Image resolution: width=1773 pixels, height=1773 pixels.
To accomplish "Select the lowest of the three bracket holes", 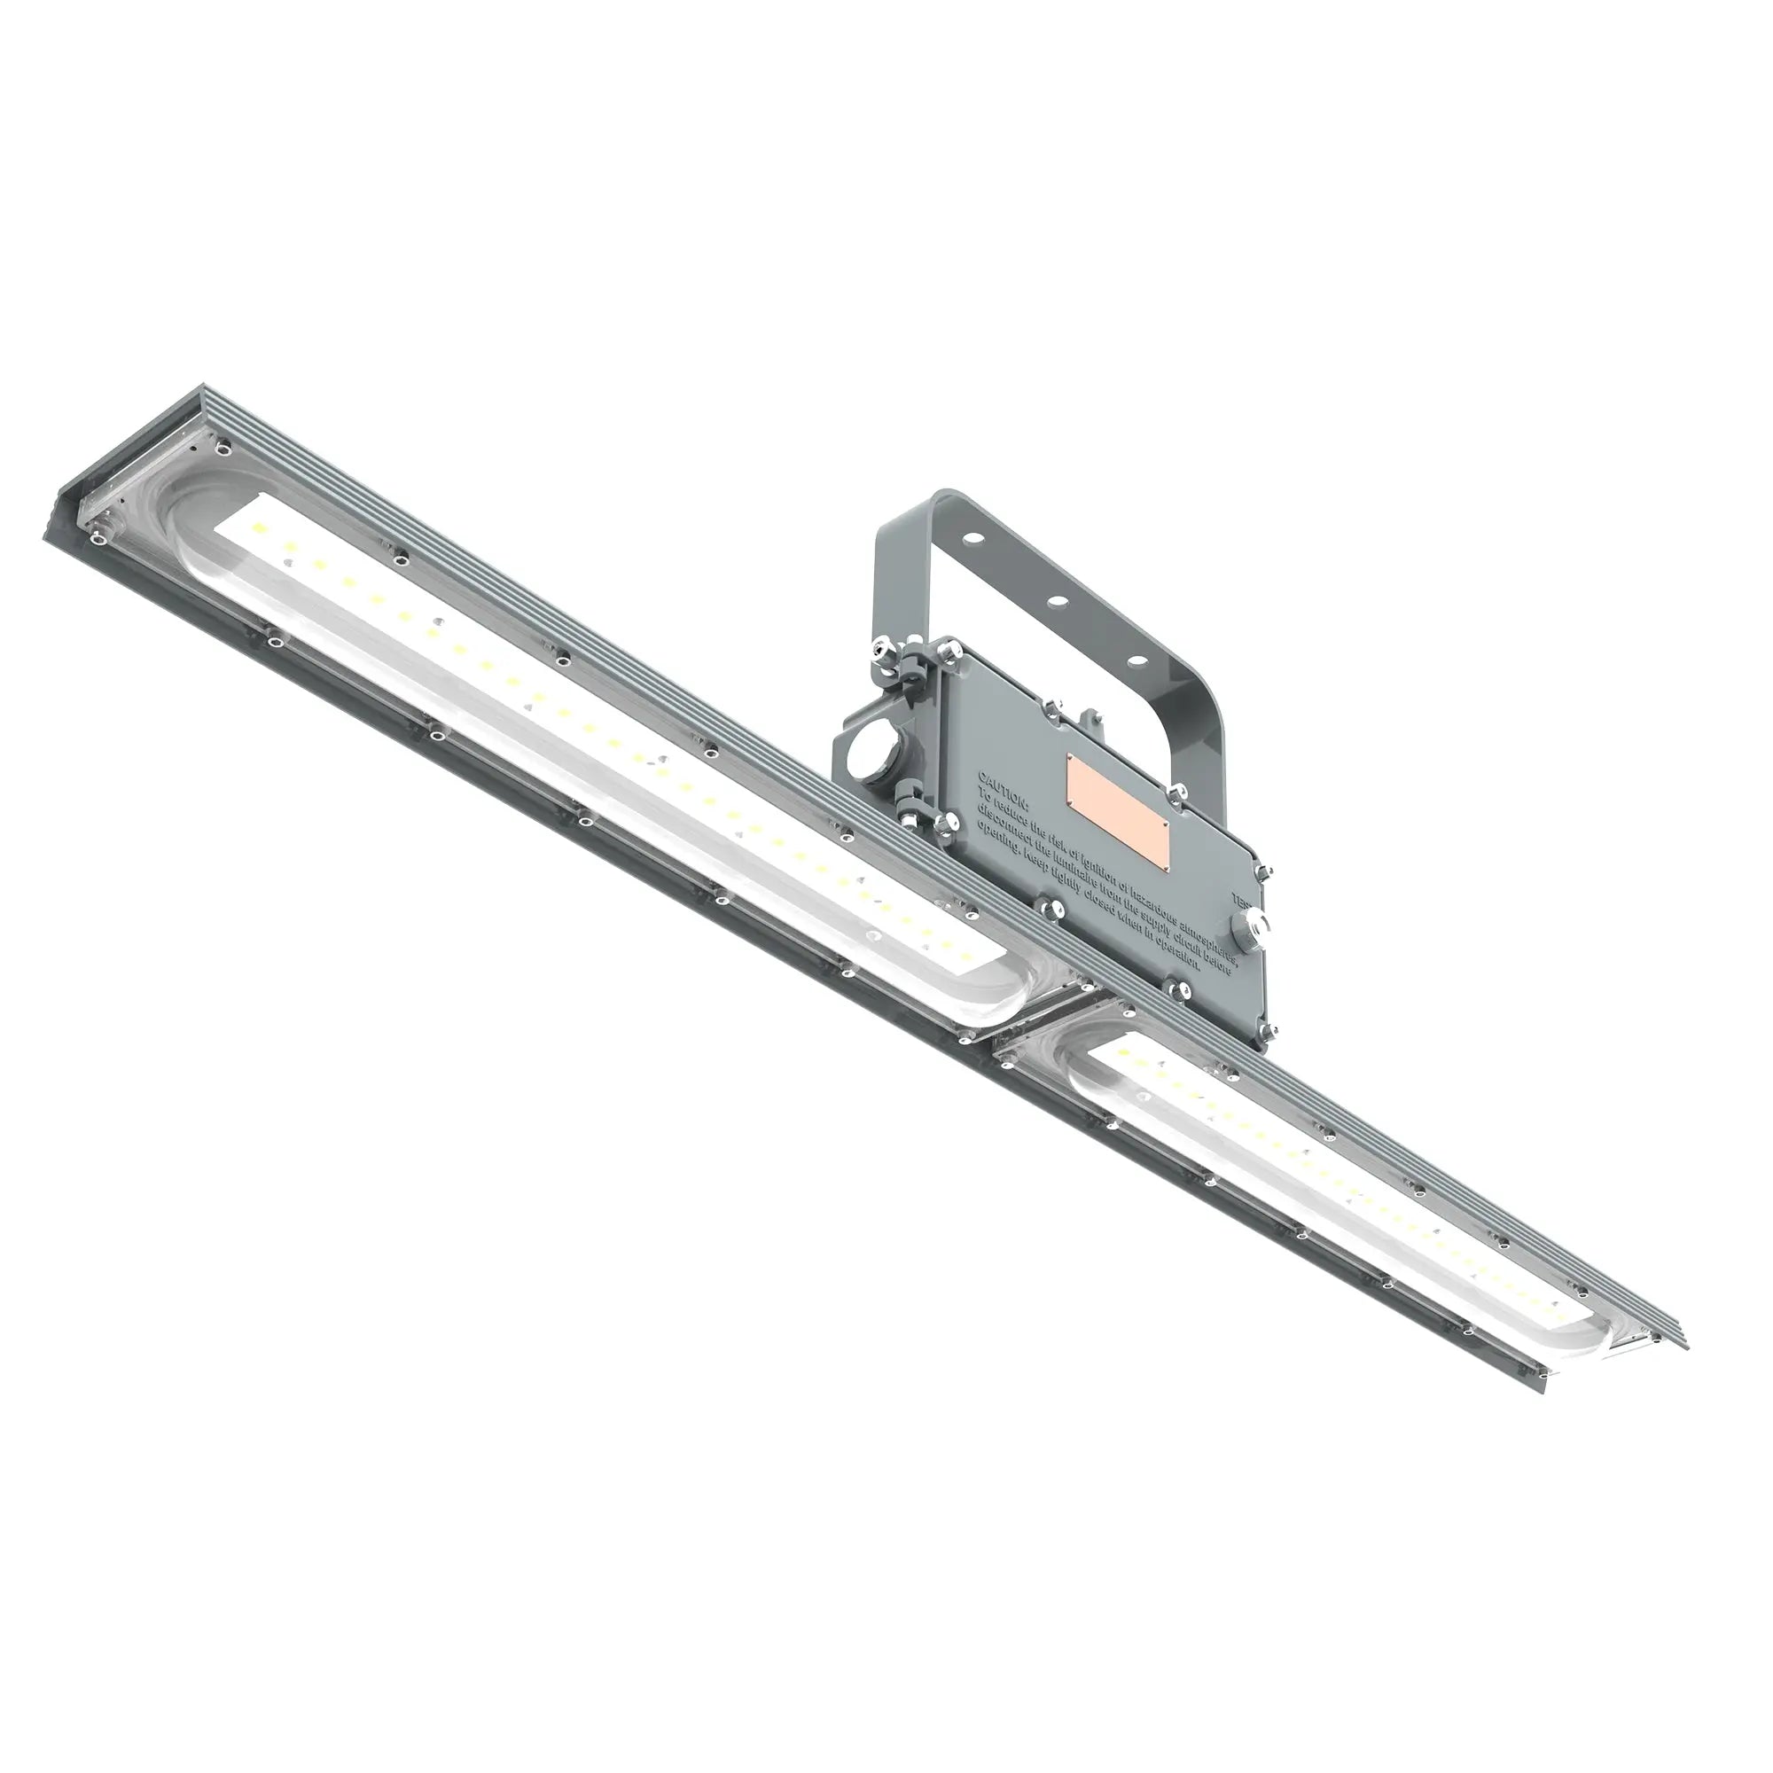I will tap(1136, 659).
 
